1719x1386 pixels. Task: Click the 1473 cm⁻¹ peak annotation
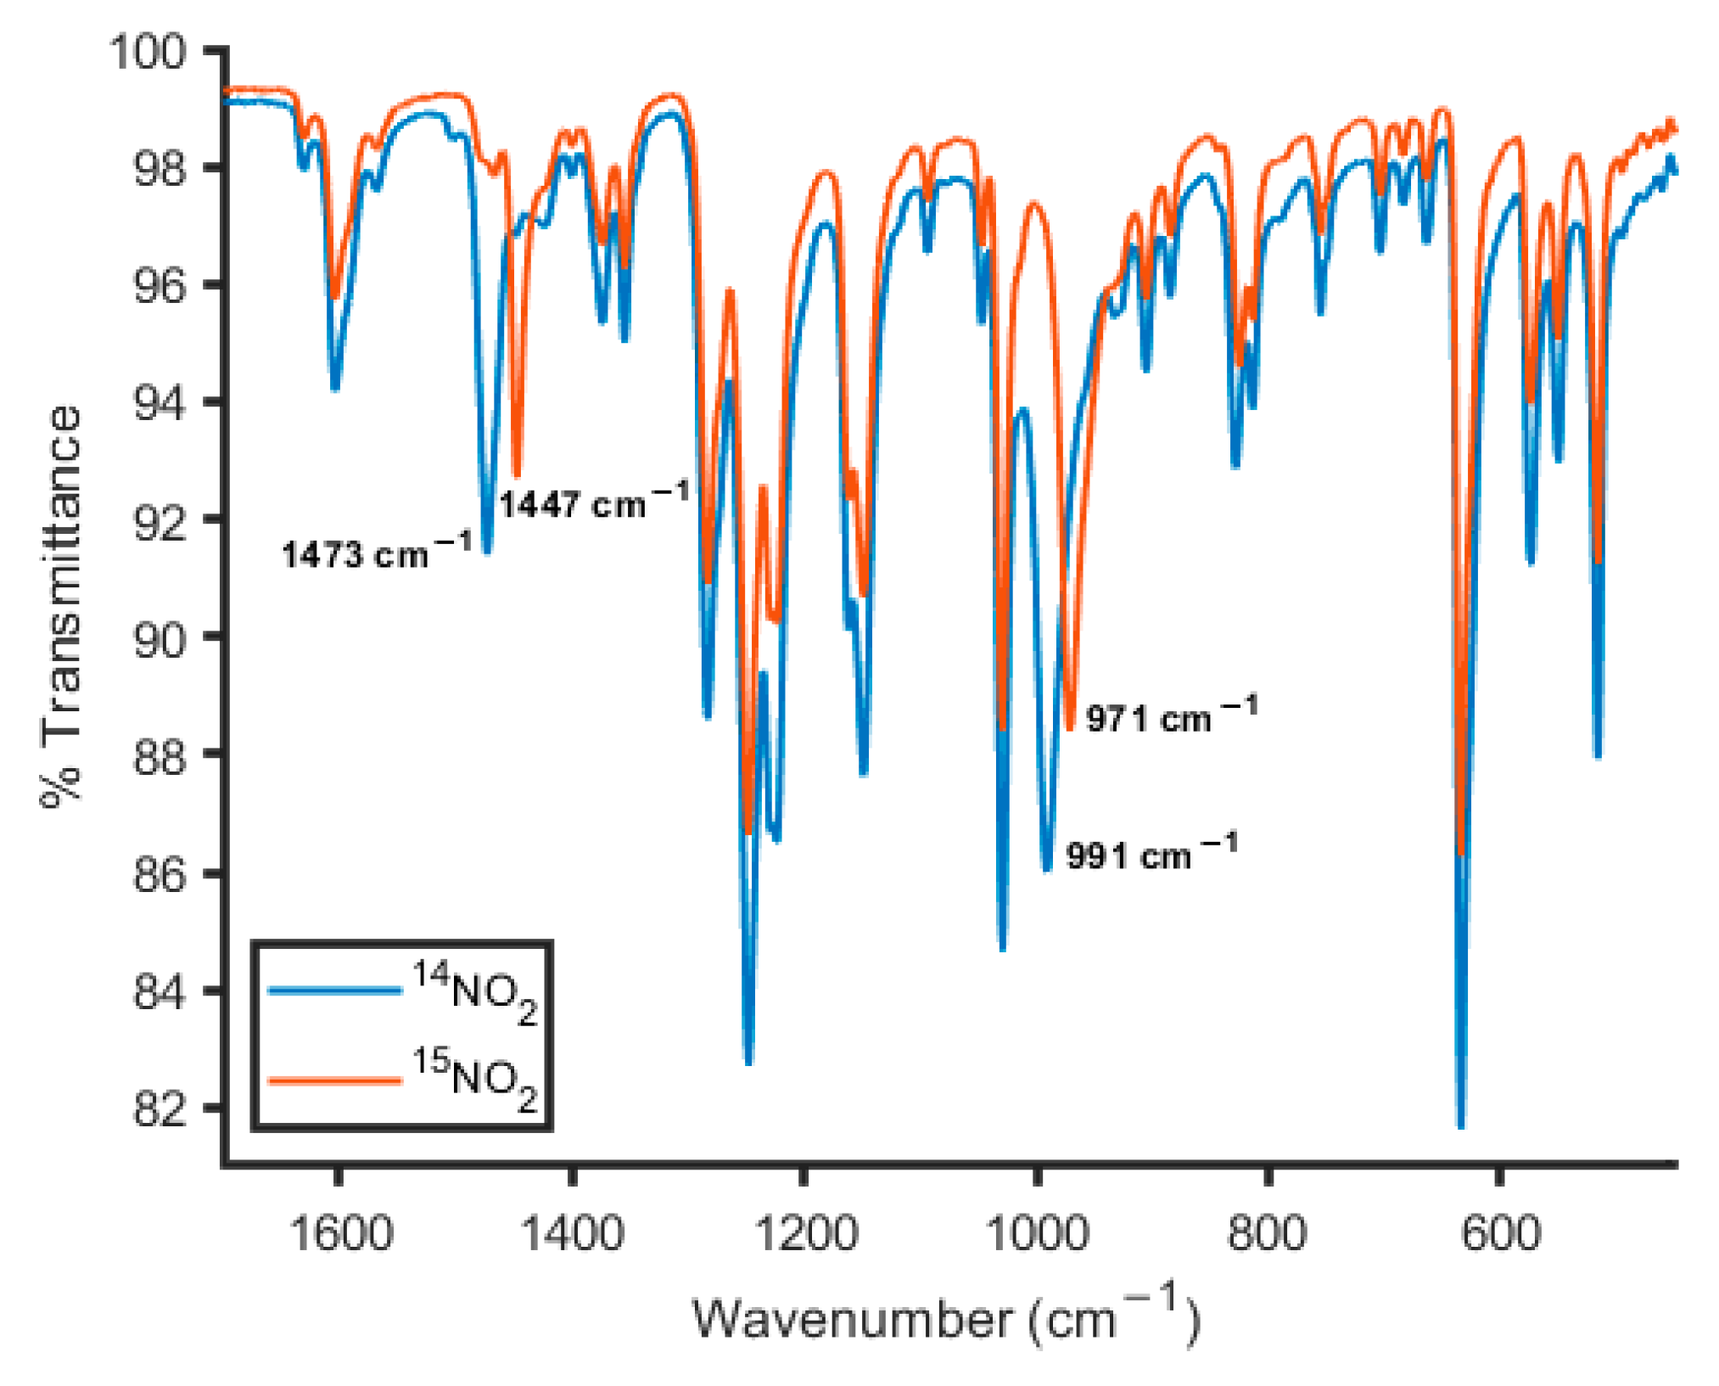click(376, 553)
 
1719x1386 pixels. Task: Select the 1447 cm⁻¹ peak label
click(593, 502)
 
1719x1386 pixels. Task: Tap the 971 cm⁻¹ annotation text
click(1171, 717)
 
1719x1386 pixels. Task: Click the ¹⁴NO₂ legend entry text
click(475, 991)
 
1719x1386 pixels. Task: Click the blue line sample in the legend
click(334, 990)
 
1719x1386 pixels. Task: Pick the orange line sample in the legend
click(334, 1080)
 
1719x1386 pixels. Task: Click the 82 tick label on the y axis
click(159, 1108)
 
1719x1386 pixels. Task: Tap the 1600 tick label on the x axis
click(340, 1233)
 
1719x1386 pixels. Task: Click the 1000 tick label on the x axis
click(1037, 1233)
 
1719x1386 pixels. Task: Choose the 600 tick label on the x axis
click(1500, 1233)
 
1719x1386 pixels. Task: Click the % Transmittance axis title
click(61, 607)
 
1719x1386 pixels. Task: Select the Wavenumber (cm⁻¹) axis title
click(946, 1318)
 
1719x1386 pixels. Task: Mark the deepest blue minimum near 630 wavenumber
click(1460, 1125)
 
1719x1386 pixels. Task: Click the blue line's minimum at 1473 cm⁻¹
click(487, 551)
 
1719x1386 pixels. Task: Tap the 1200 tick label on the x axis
click(805, 1233)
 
